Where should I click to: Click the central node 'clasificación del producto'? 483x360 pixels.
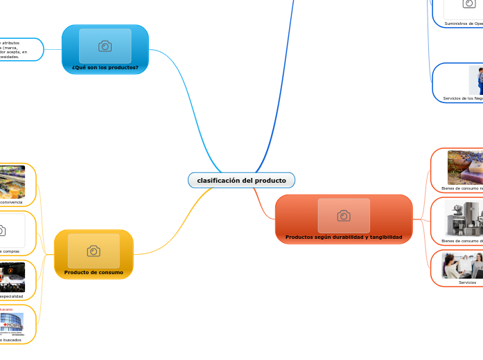[x=241, y=181]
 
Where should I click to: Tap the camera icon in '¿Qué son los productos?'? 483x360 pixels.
[x=105, y=46]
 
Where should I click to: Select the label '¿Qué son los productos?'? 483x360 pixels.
[x=105, y=68]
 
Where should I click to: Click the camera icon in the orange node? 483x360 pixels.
[x=343, y=216]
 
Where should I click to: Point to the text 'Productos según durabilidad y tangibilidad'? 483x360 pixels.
[x=343, y=237]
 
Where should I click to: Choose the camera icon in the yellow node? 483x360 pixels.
[x=94, y=251]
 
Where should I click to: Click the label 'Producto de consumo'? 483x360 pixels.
[x=94, y=273]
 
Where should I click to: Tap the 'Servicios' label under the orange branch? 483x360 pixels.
[x=467, y=282]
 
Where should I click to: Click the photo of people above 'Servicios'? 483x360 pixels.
[x=463, y=265]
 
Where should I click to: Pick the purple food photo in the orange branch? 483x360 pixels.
[x=465, y=167]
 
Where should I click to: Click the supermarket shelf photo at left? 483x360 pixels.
[x=12, y=181]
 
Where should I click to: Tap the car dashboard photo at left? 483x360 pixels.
[x=12, y=276]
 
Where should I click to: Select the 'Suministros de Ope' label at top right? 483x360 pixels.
[x=464, y=24]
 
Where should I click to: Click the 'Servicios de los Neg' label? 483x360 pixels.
[x=463, y=98]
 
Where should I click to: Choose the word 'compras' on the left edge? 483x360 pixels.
[x=11, y=251]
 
